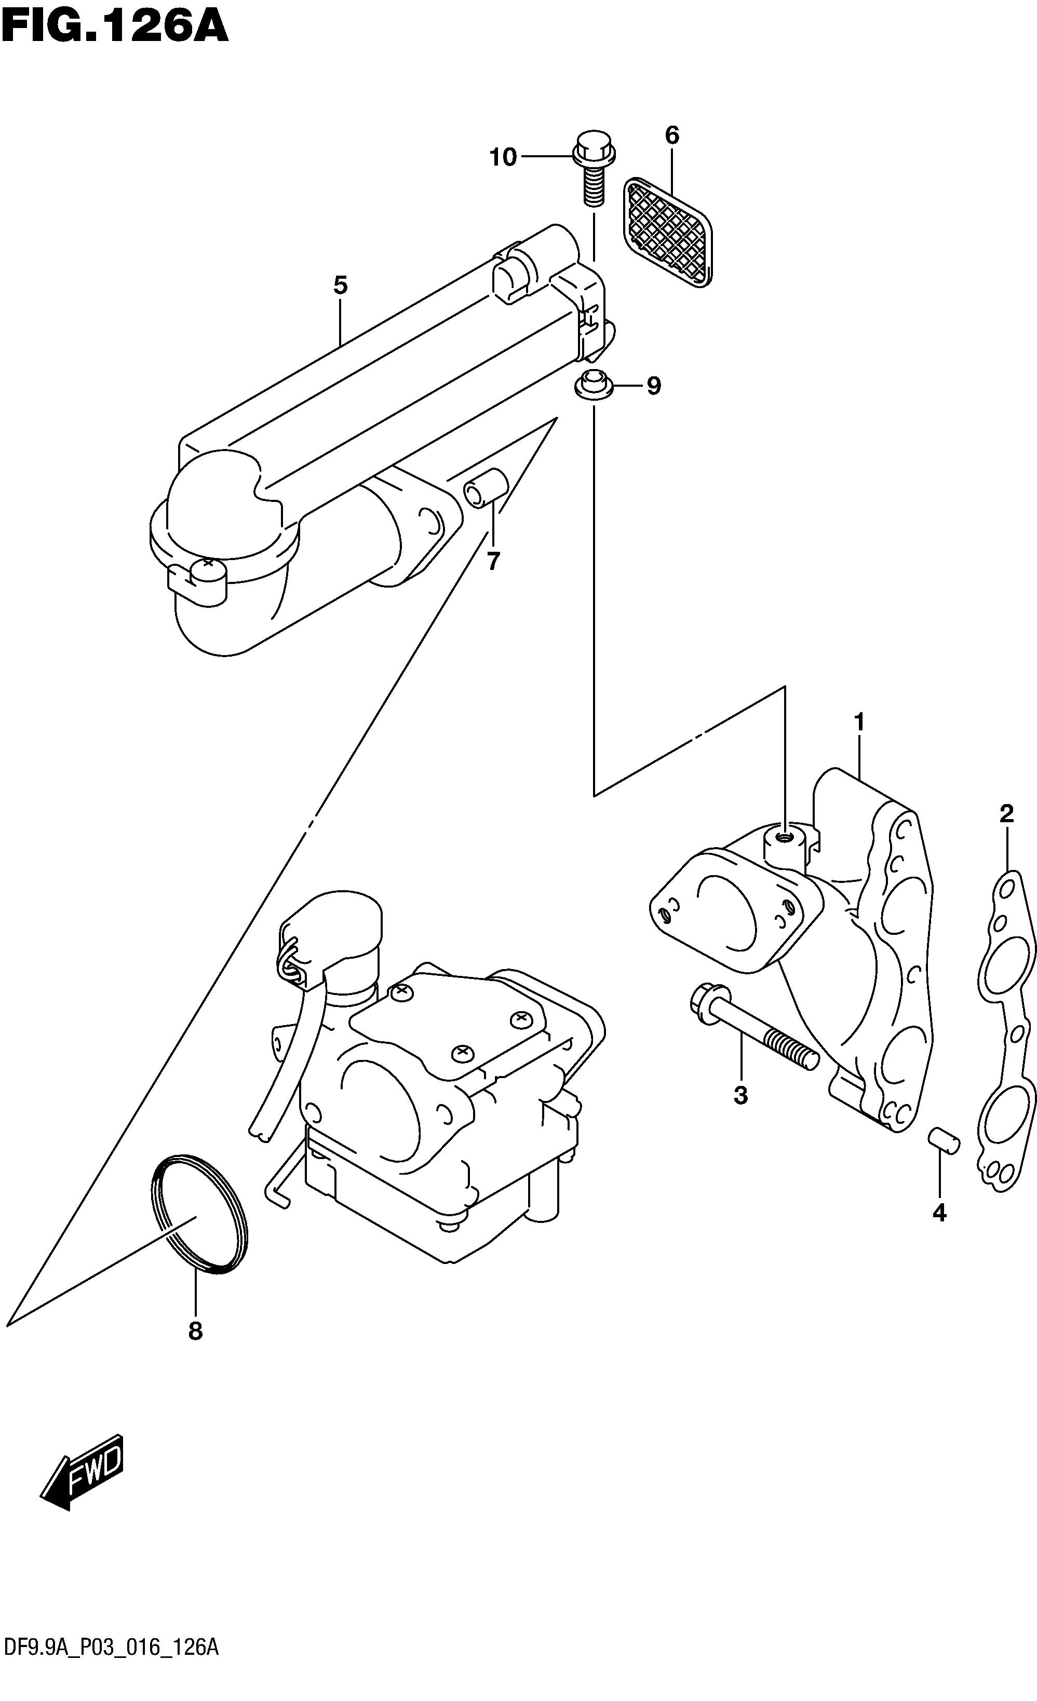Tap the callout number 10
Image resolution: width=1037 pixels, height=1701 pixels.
(503, 157)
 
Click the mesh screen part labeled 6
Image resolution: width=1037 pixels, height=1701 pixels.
(668, 232)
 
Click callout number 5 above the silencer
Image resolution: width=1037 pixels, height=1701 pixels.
(340, 284)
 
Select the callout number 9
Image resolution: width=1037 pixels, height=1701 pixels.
(653, 385)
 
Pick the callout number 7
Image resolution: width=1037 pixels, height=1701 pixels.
(492, 562)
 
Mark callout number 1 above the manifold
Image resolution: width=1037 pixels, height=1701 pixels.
(859, 722)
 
